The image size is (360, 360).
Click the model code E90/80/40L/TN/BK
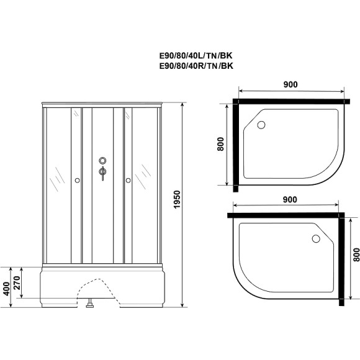(197, 54)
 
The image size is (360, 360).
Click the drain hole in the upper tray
(261, 125)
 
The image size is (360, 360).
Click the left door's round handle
(76, 181)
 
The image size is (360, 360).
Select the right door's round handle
(128, 181)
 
